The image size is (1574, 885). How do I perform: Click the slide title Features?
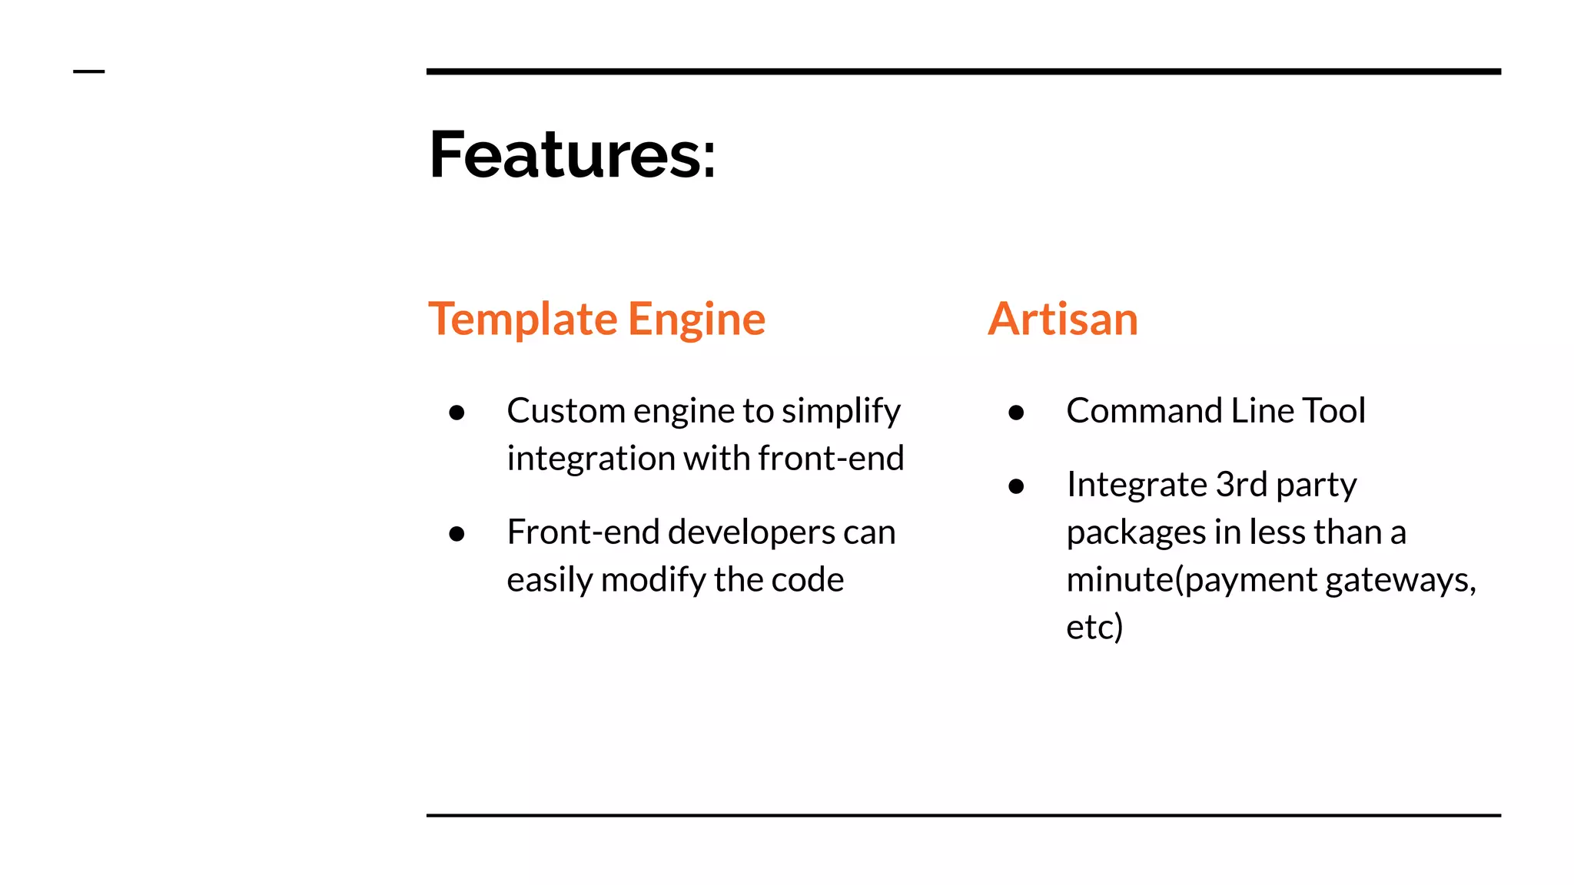tap(572, 155)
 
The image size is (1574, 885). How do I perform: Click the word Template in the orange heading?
tap(523, 319)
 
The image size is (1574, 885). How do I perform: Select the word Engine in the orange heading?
tap(696, 319)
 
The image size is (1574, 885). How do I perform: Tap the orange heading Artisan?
tap(1063, 319)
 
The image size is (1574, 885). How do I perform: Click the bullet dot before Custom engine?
tap(457, 413)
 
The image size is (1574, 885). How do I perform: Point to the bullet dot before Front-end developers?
tap(457, 534)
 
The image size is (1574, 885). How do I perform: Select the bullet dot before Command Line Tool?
tap(1016, 413)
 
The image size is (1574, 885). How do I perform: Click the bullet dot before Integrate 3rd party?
tap(1016, 486)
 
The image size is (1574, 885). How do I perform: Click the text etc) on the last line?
tap(1094, 627)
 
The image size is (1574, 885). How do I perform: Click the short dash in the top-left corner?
tap(88, 71)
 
